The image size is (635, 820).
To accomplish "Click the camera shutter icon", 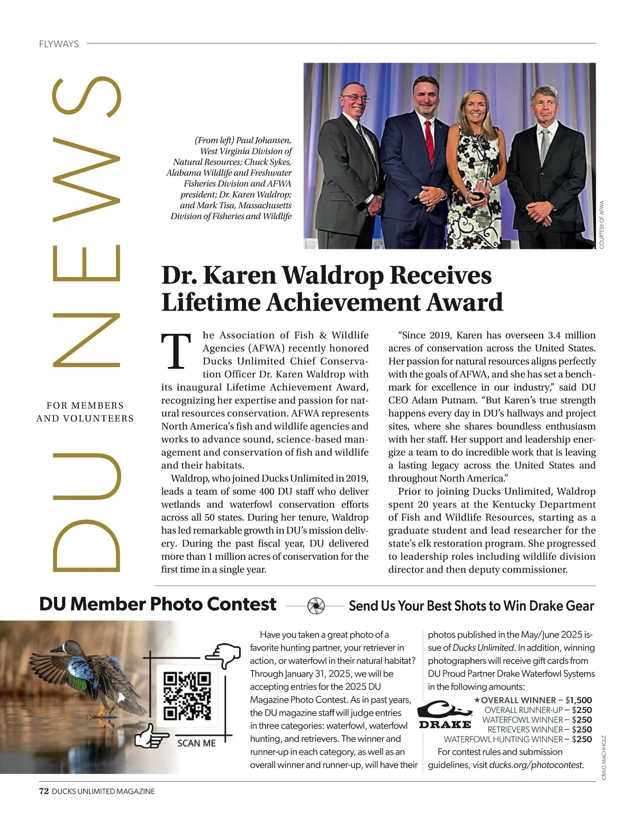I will [316, 605].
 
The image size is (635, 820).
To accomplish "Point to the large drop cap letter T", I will [176, 352].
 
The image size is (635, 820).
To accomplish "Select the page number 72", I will [44, 791].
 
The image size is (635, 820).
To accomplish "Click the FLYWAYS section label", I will [59, 44].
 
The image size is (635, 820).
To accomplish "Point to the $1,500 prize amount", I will [578, 700].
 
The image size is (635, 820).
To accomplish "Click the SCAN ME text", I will [196, 743].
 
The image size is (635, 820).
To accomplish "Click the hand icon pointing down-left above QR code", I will [223, 656].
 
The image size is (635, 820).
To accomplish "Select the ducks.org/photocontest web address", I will [536, 764].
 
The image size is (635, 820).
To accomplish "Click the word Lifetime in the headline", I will [211, 302].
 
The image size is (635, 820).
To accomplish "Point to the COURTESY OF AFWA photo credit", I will [602, 224].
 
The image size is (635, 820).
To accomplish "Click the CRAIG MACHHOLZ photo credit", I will [604, 758].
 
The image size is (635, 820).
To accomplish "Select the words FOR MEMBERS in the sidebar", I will [85, 406].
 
